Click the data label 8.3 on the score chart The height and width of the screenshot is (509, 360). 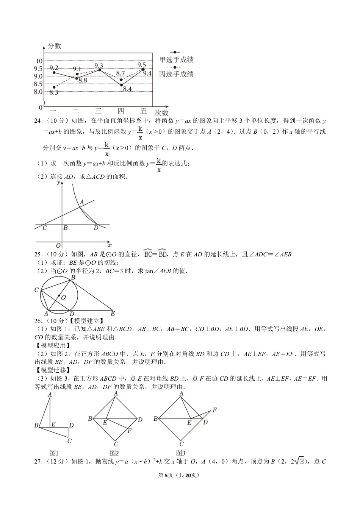tap(53, 92)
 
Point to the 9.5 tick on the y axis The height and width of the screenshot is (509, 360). tap(38, 69)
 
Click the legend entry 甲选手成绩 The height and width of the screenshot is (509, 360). tap(177, 59)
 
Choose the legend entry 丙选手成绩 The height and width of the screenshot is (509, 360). tap(177, 74)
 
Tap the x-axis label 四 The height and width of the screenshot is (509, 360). tap(121, 111)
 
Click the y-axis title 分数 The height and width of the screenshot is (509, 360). tap(55, 46)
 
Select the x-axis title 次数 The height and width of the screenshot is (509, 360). tap(161, 113)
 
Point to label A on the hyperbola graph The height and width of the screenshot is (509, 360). tap(81, 203)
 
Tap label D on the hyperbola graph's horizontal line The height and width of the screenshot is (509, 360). tap(96, 228)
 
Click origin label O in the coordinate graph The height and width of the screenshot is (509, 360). tap(58, 245)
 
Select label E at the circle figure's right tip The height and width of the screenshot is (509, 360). tap(112, 314)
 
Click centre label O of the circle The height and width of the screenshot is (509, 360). tap(63, 297)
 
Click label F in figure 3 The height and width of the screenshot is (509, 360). tap(214, 410)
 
